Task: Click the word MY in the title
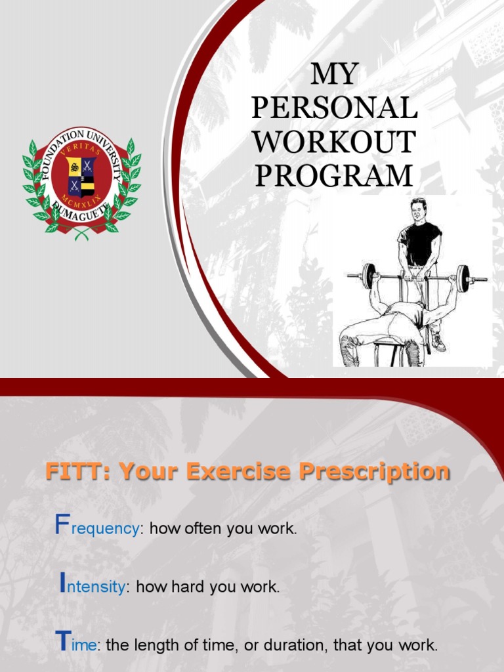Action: [335, 75]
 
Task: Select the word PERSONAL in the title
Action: [335, 108]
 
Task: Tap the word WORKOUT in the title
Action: [335, 142]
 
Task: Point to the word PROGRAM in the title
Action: [335, 176]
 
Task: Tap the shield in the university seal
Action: [82, 177]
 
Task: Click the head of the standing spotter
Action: [418, 210]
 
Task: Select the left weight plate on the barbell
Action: [369, 276]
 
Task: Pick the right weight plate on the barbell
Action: [463, 278]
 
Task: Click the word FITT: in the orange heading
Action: [73, 471]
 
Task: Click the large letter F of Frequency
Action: [62, 525]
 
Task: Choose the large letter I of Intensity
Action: [63, 582]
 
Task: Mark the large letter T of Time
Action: [62, 640]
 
